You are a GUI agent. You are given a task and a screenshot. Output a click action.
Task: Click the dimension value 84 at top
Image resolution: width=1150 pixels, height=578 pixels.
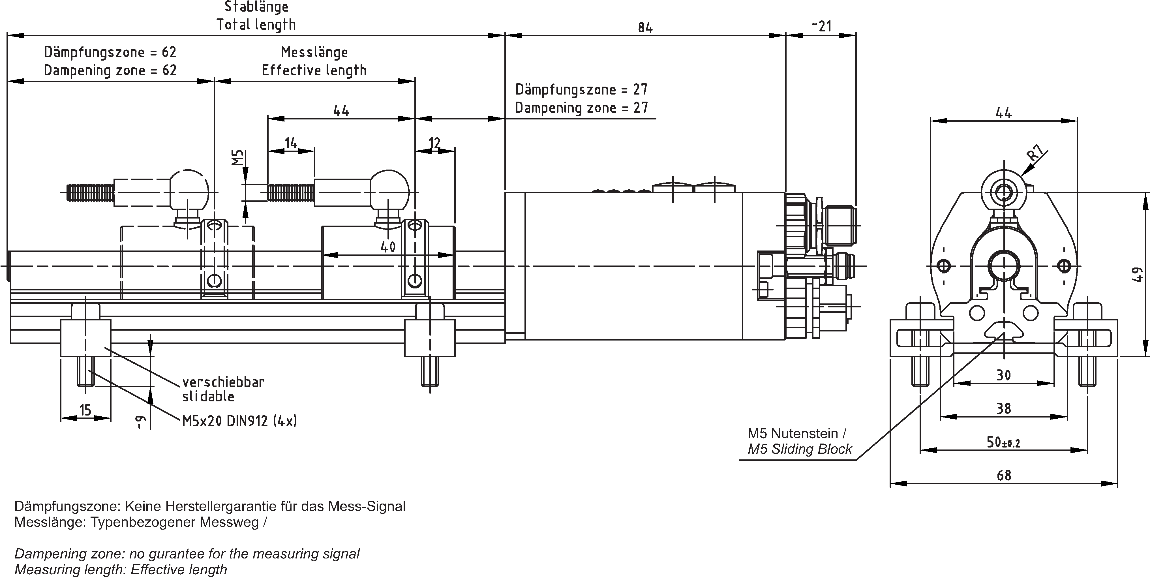[x=645, y=28]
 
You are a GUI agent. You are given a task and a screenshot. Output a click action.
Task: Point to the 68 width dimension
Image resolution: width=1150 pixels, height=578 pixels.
[x=1004, y=475]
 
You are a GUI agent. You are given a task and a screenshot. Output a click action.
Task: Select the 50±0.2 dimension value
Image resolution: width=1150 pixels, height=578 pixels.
[x=1003, y=442]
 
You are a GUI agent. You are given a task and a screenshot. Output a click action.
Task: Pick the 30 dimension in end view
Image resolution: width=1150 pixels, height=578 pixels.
[x=1004, y=375]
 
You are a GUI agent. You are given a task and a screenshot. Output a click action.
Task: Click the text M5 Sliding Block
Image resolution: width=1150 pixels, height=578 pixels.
[x=800, y=449]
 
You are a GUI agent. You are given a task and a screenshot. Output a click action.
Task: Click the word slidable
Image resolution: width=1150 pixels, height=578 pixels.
[x=208, y=396]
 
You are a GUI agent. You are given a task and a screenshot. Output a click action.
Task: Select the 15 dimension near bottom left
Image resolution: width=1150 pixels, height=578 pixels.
[x=85, y=409]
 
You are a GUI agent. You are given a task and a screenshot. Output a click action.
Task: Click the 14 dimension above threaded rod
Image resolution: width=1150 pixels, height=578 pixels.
[x=291, y=143]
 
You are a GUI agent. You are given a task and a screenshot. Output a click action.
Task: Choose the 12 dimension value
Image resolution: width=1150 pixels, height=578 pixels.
[x=434, y=143]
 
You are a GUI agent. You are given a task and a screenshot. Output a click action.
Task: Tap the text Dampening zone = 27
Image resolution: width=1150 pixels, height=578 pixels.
[x=581, y=108]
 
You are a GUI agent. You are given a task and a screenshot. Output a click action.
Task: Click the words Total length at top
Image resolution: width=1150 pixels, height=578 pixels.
[x=256, y=25]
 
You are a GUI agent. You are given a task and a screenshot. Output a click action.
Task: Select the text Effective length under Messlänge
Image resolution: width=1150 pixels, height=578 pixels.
[x=314, y=70]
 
